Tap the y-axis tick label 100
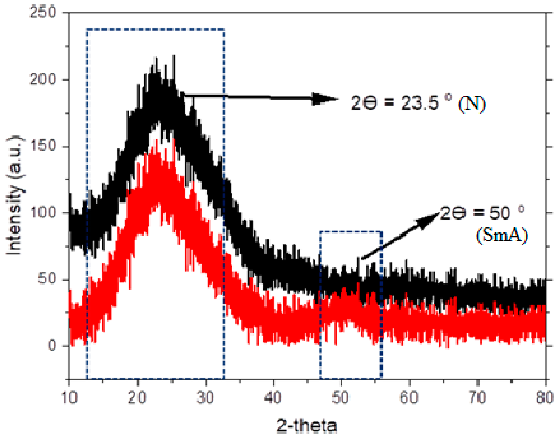point(43,212)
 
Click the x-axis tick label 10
point(70,398)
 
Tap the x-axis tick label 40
point(273,398)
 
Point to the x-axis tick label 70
point(477,398)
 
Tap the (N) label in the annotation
point(472,104)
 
